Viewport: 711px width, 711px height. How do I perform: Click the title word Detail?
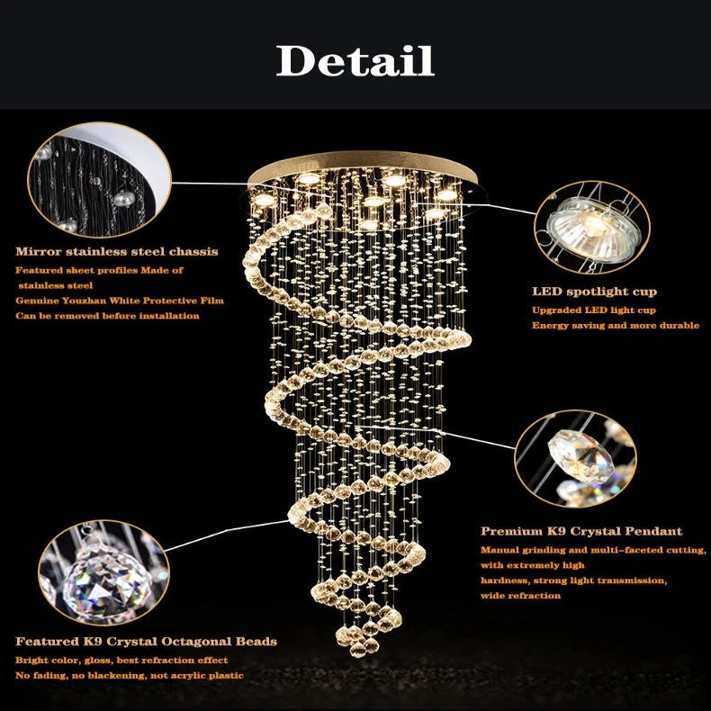coord(355,60)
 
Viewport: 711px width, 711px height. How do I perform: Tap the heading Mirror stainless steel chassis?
coord(116,252)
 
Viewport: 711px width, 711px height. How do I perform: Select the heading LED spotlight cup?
coord(594,292)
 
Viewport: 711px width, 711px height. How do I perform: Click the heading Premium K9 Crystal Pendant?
coord(581,532)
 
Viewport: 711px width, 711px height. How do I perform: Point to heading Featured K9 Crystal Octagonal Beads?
coord(146,642)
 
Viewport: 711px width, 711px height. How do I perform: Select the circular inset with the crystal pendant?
coord(574,459)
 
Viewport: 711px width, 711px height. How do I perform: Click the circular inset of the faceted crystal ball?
coord(104,571)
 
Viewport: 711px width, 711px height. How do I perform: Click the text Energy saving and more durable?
coord(615,325)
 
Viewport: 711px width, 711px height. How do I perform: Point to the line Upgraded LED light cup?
coord(594,310)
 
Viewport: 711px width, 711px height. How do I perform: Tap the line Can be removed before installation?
coord(107,316)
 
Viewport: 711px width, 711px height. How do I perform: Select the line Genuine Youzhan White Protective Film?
coord(119,301)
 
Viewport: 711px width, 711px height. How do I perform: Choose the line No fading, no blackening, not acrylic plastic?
coord(129,675)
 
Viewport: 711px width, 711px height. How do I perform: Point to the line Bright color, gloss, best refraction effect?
coord(121,660)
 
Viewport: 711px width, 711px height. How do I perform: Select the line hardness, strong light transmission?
coord(573,580)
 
